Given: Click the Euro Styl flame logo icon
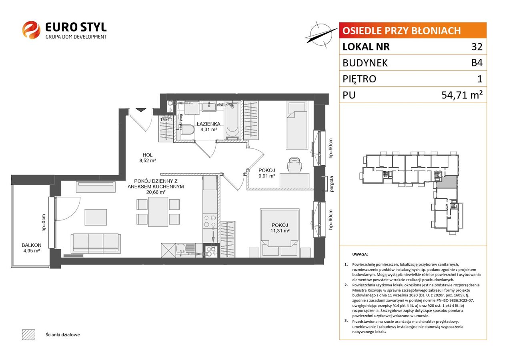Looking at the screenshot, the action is pyautogui.click(x=31, y=30).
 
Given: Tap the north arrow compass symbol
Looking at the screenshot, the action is pyautogui.click(x=321, y=34).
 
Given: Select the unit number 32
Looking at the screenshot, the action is pyautogui.click(x=477, y=47).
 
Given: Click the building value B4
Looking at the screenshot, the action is pyautogui.click(x=477, y=63).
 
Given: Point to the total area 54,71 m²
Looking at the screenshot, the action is pyautogui.click(x=461, y=95).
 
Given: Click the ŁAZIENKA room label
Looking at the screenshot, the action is pyautogui.click(x=208, y=124).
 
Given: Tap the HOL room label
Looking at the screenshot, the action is pyautogui.click(x=148, y=155).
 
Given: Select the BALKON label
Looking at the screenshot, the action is pyautogui.click(x=32, y=245).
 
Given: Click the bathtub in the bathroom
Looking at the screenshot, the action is pyautogui.click(x=232, y=120).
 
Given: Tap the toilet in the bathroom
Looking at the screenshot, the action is pyautogui.click(x=188, y=130).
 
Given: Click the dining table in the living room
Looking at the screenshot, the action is pyautogui.click(x=158, y=212).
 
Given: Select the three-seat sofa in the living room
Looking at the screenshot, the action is pyautogui.click(x=96, y=243).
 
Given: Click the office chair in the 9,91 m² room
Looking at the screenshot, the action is pyautogui.click(x=295, y=165).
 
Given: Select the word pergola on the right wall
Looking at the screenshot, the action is pyautogui.click(x=332, y=184).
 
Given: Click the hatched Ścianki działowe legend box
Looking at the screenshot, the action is pyautogui.click(x=29, y=335).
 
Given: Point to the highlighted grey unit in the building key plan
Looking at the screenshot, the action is pyautogui.click(x=447, y=182).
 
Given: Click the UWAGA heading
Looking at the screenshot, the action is pyautogui.click(x=360, y=254).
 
